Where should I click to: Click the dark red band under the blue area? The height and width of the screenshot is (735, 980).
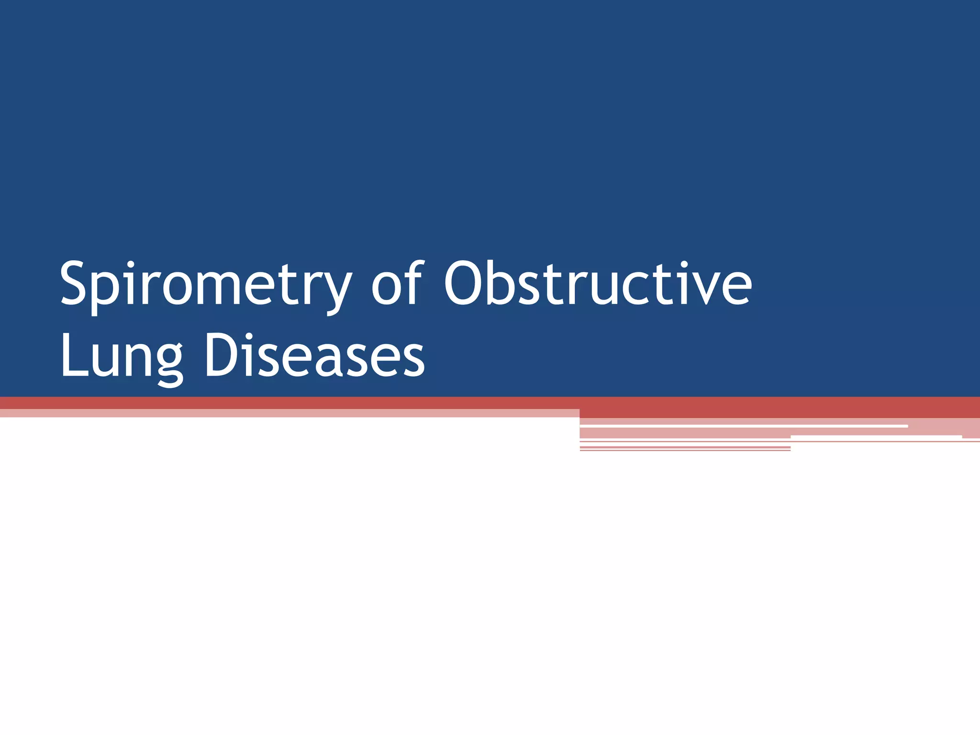pos(766,407)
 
